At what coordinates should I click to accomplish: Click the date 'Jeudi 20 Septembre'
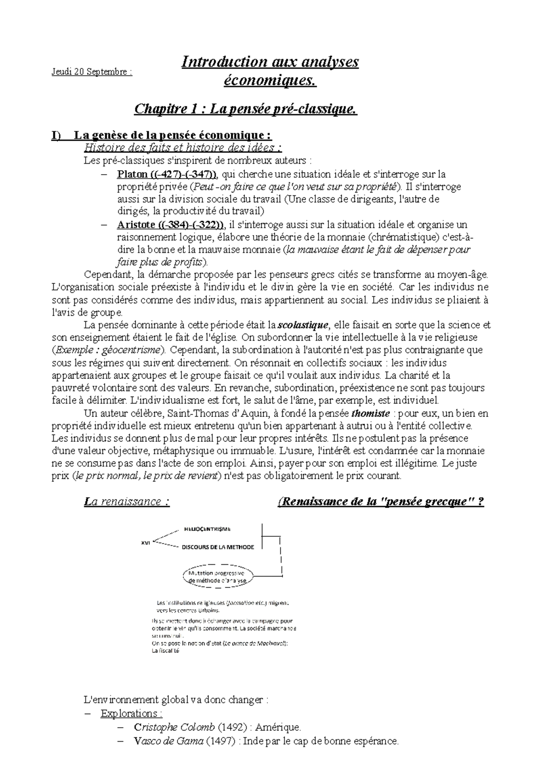tap(91, 72)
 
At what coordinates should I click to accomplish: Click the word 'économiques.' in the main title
tap(270, 81)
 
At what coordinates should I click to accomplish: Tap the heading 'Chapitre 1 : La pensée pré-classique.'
tap(246, 109)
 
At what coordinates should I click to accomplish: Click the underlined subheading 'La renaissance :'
tap(127, 502)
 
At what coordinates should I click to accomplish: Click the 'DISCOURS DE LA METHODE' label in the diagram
tap(218, 547)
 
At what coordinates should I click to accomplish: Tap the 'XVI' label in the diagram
tap(145, 543)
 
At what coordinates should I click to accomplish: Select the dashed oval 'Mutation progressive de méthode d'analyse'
tap(219, 577)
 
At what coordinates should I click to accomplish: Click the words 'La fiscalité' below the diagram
tap(166, 651)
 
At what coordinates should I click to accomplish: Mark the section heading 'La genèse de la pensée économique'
tap(173, 135)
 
